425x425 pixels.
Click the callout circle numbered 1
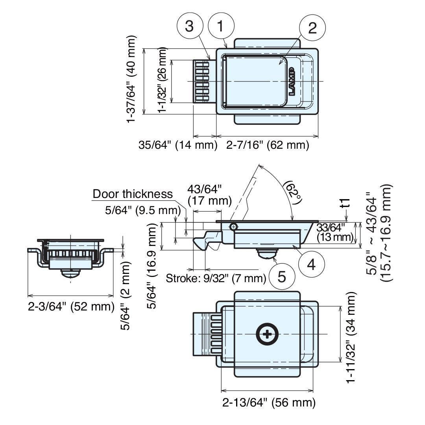[220, 26]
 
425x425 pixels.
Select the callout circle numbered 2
[312, 28]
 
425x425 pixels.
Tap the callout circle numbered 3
[190, 26]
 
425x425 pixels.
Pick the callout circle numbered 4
[311, 264]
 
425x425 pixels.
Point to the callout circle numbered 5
[282, 277]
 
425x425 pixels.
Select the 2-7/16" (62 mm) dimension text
[268, 145]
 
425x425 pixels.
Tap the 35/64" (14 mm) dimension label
[178, 145]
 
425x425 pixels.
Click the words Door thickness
[133, 194]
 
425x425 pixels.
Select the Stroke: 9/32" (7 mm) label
[216, 279]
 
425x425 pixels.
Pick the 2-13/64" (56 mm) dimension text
[269, 403]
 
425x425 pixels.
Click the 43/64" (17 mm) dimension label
[209, 195]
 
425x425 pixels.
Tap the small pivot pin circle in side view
[234, 227]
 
